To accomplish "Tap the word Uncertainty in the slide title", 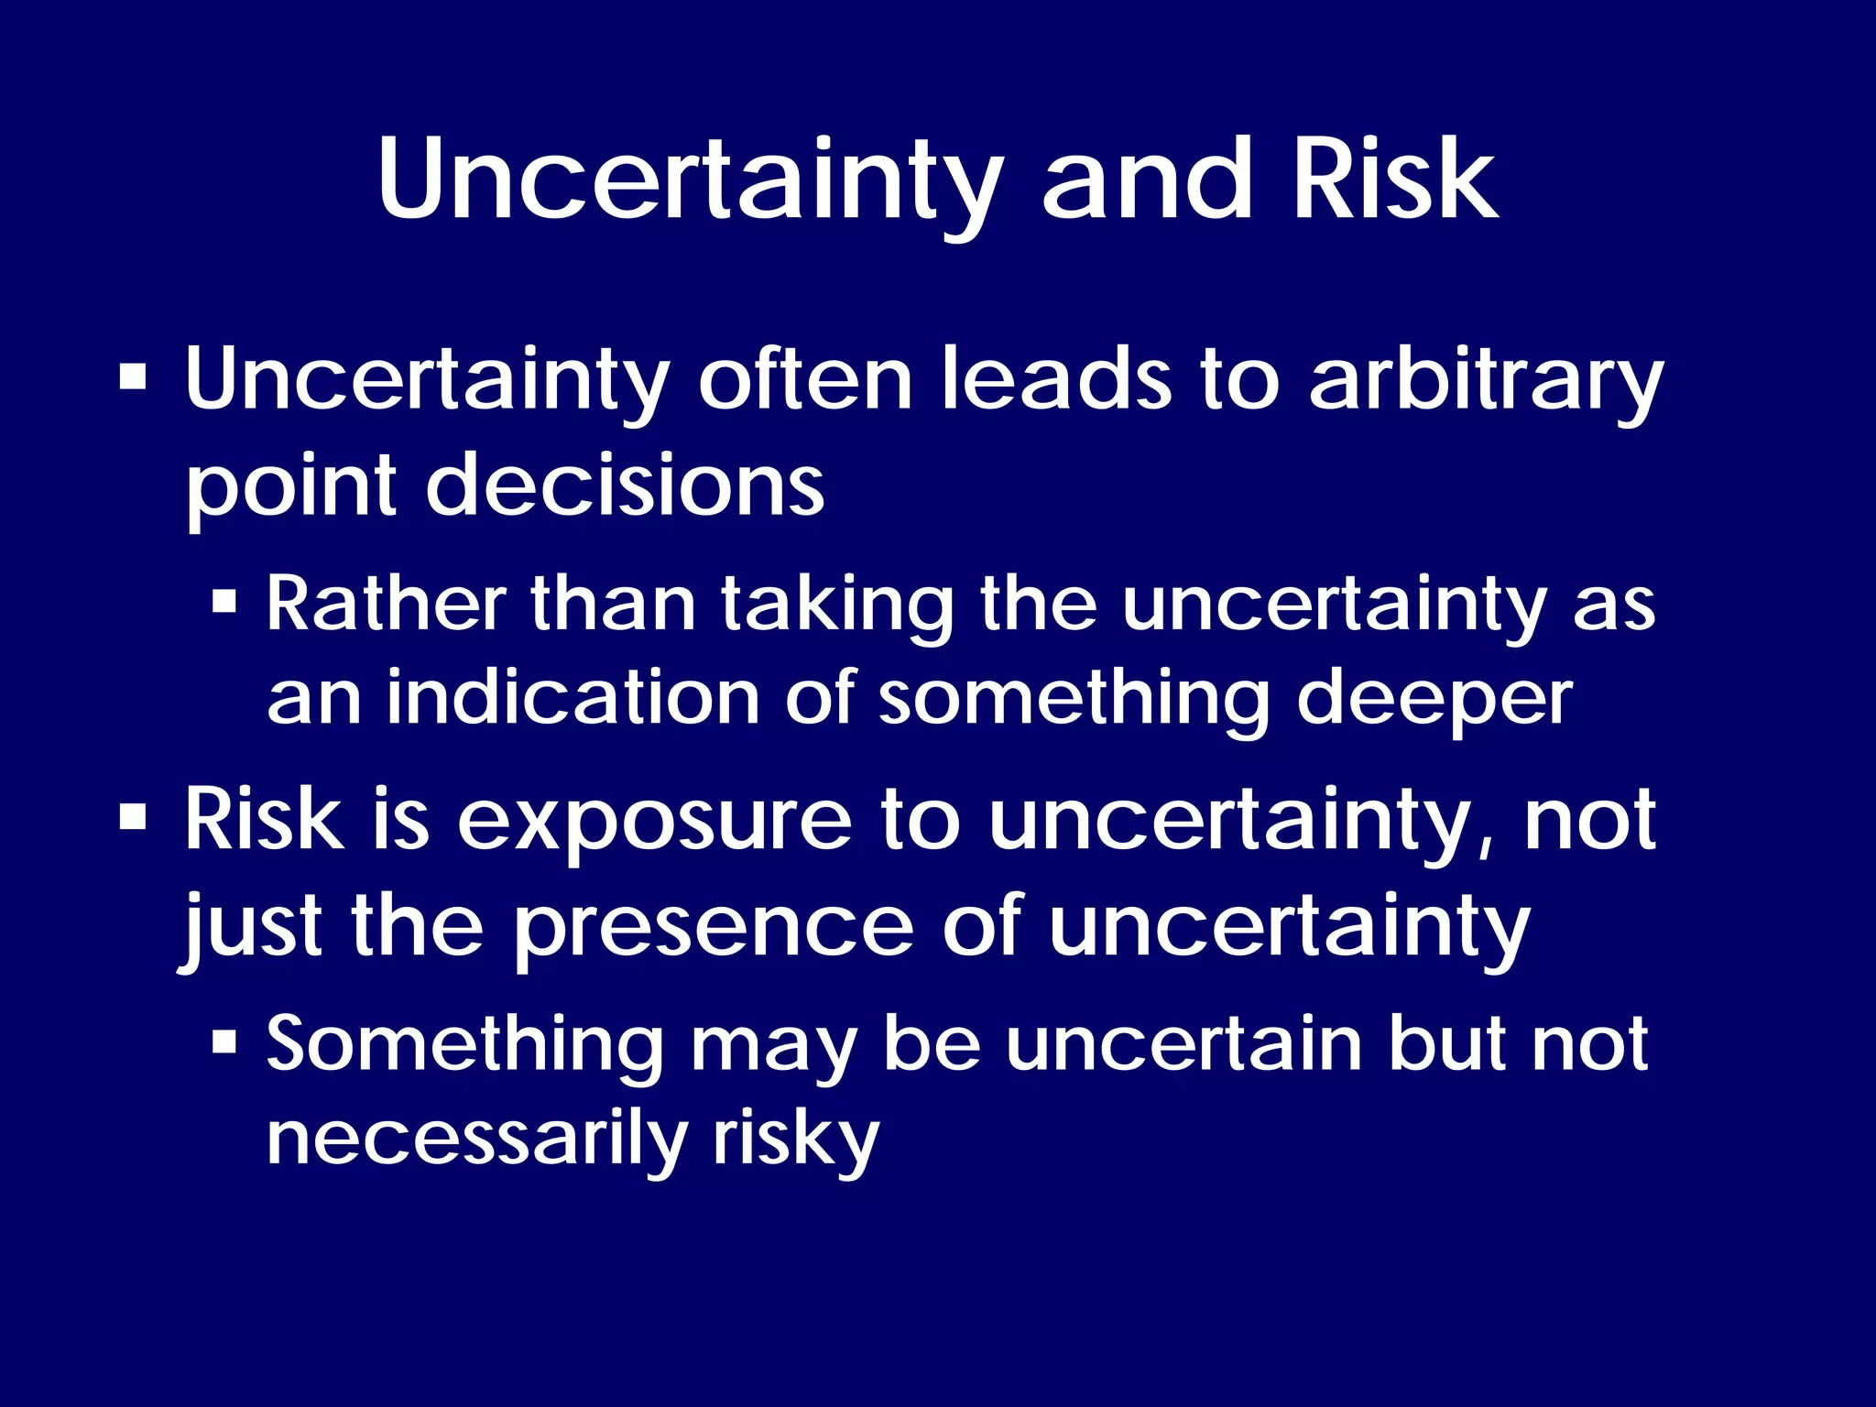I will click(x=690, y=180).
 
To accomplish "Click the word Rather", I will click(x=386, y=605).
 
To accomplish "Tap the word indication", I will click(x=573, y=698).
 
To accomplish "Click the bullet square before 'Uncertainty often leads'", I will click(x=134, y=376).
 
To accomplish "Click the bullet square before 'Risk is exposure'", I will click(x=134, y=816).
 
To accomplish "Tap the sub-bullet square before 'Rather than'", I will click(x=224, y=602).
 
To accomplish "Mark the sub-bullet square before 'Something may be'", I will click(x=224, y=1042).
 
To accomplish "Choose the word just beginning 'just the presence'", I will click(x=251, y=927).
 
